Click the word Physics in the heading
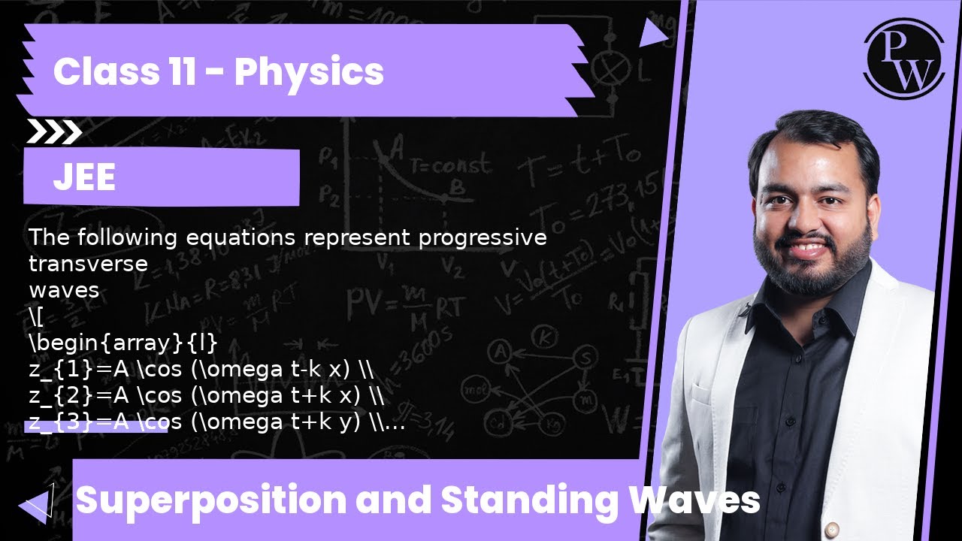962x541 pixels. tap(309, 72)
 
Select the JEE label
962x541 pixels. tap(84, 178)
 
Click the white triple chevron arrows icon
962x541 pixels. tap(54, 132)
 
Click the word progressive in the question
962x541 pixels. tap(483, 238)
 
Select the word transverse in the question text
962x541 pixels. tap(88, 264)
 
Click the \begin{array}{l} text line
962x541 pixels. tap(123, 343)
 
